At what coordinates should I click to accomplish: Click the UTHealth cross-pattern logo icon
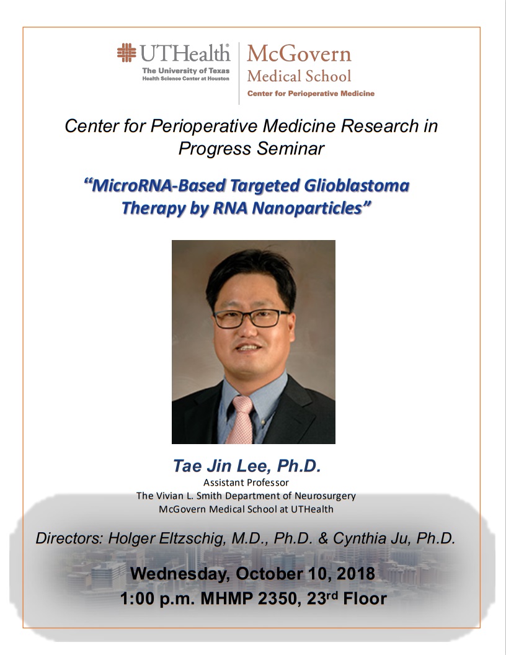click(x=126, y=53)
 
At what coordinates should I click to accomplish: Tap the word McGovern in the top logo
click(x=299, y=53)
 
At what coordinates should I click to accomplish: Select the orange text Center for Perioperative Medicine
click(x=311, y=94)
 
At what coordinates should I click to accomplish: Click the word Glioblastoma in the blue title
click(x=357, y=185)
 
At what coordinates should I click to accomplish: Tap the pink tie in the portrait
click(x=240, y=420)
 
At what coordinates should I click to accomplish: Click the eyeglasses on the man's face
click(x=251, y=318)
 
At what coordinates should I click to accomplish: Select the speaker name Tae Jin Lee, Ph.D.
click(x=247, y=466)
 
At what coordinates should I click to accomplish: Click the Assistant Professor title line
click(x=246, y=483)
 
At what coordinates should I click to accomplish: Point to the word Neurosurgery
click(x=325, y=496)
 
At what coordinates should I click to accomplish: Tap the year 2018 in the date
click(x=356, y=574)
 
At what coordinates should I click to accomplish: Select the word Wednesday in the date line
click(x=180, y=574)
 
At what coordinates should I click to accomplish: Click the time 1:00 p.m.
click(x=158, y=599)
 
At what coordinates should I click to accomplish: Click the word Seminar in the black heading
click(x=291, y=149)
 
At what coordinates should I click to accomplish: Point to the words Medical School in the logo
click(x=299, y=76)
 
